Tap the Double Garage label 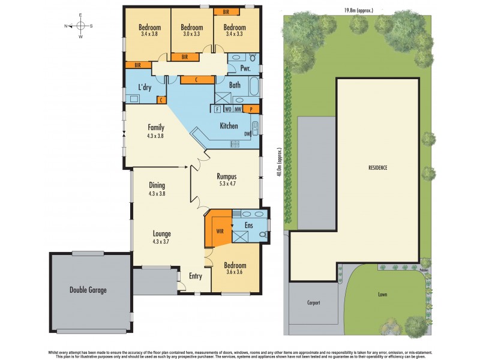pos(88,290)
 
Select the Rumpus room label pos(226,176)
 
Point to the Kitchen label pos(229,125)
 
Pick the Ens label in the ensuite pos(248,226)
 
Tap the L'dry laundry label pos(145,88)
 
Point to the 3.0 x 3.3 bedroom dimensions pos(191,35)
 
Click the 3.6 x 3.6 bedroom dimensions pos(234,272)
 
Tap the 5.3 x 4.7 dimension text pos(226,184)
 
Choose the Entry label pos(196,276)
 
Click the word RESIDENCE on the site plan pos(378,167)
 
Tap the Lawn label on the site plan pos(382,295)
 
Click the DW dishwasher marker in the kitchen pos(247,134)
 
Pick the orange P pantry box pos(251,109)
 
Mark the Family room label pos(157,127)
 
